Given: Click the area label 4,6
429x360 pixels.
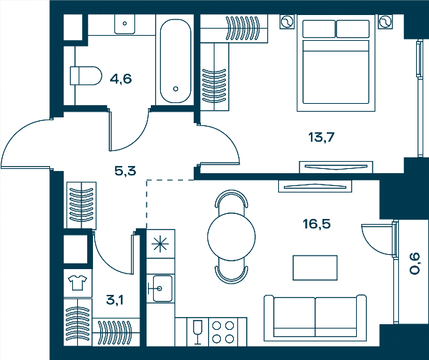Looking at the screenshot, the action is pos(121,79).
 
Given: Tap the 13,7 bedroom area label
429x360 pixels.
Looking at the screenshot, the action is pos(321,137).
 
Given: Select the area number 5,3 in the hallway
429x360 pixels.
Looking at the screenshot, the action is pos(125,171).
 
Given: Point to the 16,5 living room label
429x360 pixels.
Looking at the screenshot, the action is pos(316,224).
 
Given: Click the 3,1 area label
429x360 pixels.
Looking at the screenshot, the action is pos(114,300).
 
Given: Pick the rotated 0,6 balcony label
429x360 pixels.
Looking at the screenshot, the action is pos(415,263).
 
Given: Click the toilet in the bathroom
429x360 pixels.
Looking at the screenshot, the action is pos(86,76).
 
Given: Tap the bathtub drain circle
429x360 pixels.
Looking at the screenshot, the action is pos(176,89).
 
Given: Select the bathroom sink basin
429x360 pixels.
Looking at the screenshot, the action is pos(124,24).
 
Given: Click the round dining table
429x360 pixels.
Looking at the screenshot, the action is pos(232,236).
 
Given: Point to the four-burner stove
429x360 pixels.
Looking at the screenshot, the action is pos(223,332).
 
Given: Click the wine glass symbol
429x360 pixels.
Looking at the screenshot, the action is pos(197,332).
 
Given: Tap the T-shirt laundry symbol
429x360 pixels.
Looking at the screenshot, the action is pos(77,283).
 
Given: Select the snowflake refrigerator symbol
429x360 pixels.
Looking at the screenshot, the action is pos(160,244).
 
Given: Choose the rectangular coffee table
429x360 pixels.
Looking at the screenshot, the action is pos(315,268).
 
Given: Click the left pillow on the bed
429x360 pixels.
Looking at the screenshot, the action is pos(319,29).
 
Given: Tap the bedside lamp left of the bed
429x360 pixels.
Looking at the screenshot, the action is pos(287,21).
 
